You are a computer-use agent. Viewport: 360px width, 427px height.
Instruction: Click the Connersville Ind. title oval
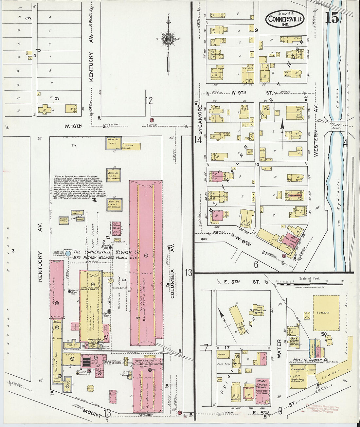tap(284, 18)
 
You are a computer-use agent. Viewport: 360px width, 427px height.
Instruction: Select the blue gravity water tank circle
tap(68, 253)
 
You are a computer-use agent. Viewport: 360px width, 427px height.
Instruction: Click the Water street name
tap(279, 348)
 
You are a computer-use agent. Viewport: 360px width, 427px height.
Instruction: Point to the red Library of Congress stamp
tap(322, 409)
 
